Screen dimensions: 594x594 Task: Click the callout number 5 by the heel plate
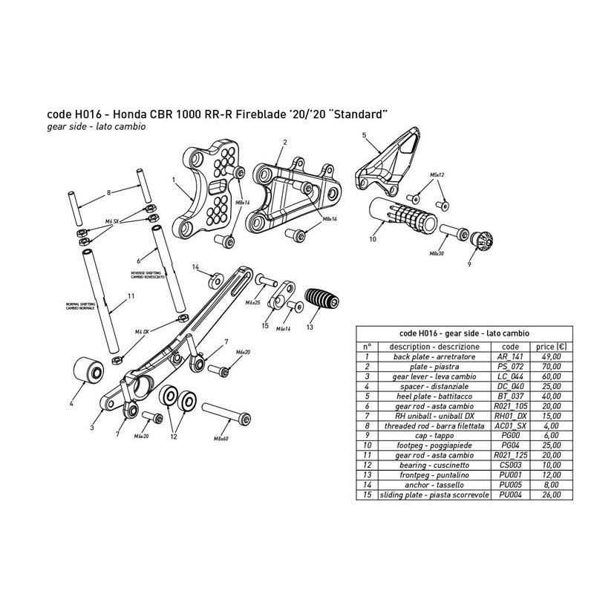pos(364,135)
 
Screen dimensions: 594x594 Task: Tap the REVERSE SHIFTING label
pos(146,274)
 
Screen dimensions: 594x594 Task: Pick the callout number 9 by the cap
pos(469,264)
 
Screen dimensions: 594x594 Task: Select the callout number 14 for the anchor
pos(196,267)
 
